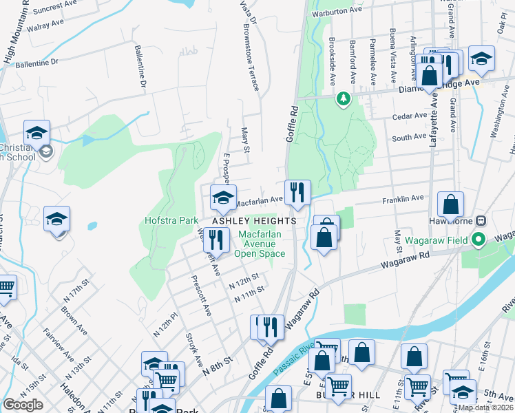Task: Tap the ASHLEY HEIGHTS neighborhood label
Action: [254, 221]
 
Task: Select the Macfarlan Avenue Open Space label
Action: [260, 244]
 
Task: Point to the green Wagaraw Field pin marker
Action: [481, 240]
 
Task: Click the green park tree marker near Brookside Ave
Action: [342, 100]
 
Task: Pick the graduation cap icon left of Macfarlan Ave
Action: [222, 198]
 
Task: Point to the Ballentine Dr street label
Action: [141, 69]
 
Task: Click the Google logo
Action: [23, 405]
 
